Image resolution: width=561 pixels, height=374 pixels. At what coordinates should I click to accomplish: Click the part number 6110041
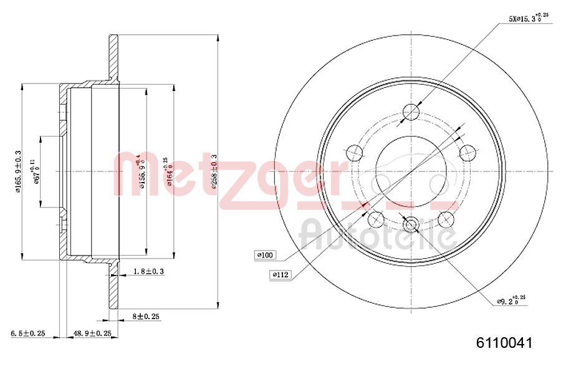(x=504, y=342)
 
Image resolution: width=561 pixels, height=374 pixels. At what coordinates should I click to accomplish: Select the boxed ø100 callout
(x=266, y=254)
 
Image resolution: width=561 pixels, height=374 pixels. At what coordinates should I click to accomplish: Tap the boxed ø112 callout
(x=280, y=274)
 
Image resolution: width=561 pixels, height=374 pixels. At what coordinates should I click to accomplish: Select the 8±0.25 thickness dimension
(x=146, y=317)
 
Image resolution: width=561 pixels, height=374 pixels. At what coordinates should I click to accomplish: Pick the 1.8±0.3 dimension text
(x=150, y=271)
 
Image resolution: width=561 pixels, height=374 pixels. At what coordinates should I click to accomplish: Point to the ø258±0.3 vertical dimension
(x=213, y=171)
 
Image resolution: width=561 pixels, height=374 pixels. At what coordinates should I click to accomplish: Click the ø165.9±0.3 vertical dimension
(x=18, y=171)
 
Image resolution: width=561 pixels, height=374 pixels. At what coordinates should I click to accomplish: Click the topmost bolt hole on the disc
(x=412, y=112)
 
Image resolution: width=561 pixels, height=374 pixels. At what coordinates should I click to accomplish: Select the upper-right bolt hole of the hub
(x=467, y=152)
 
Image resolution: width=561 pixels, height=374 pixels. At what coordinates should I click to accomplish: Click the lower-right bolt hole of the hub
(x=446, y=219)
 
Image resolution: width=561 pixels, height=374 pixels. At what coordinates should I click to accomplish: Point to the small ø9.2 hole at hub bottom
(x=412, y=224)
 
